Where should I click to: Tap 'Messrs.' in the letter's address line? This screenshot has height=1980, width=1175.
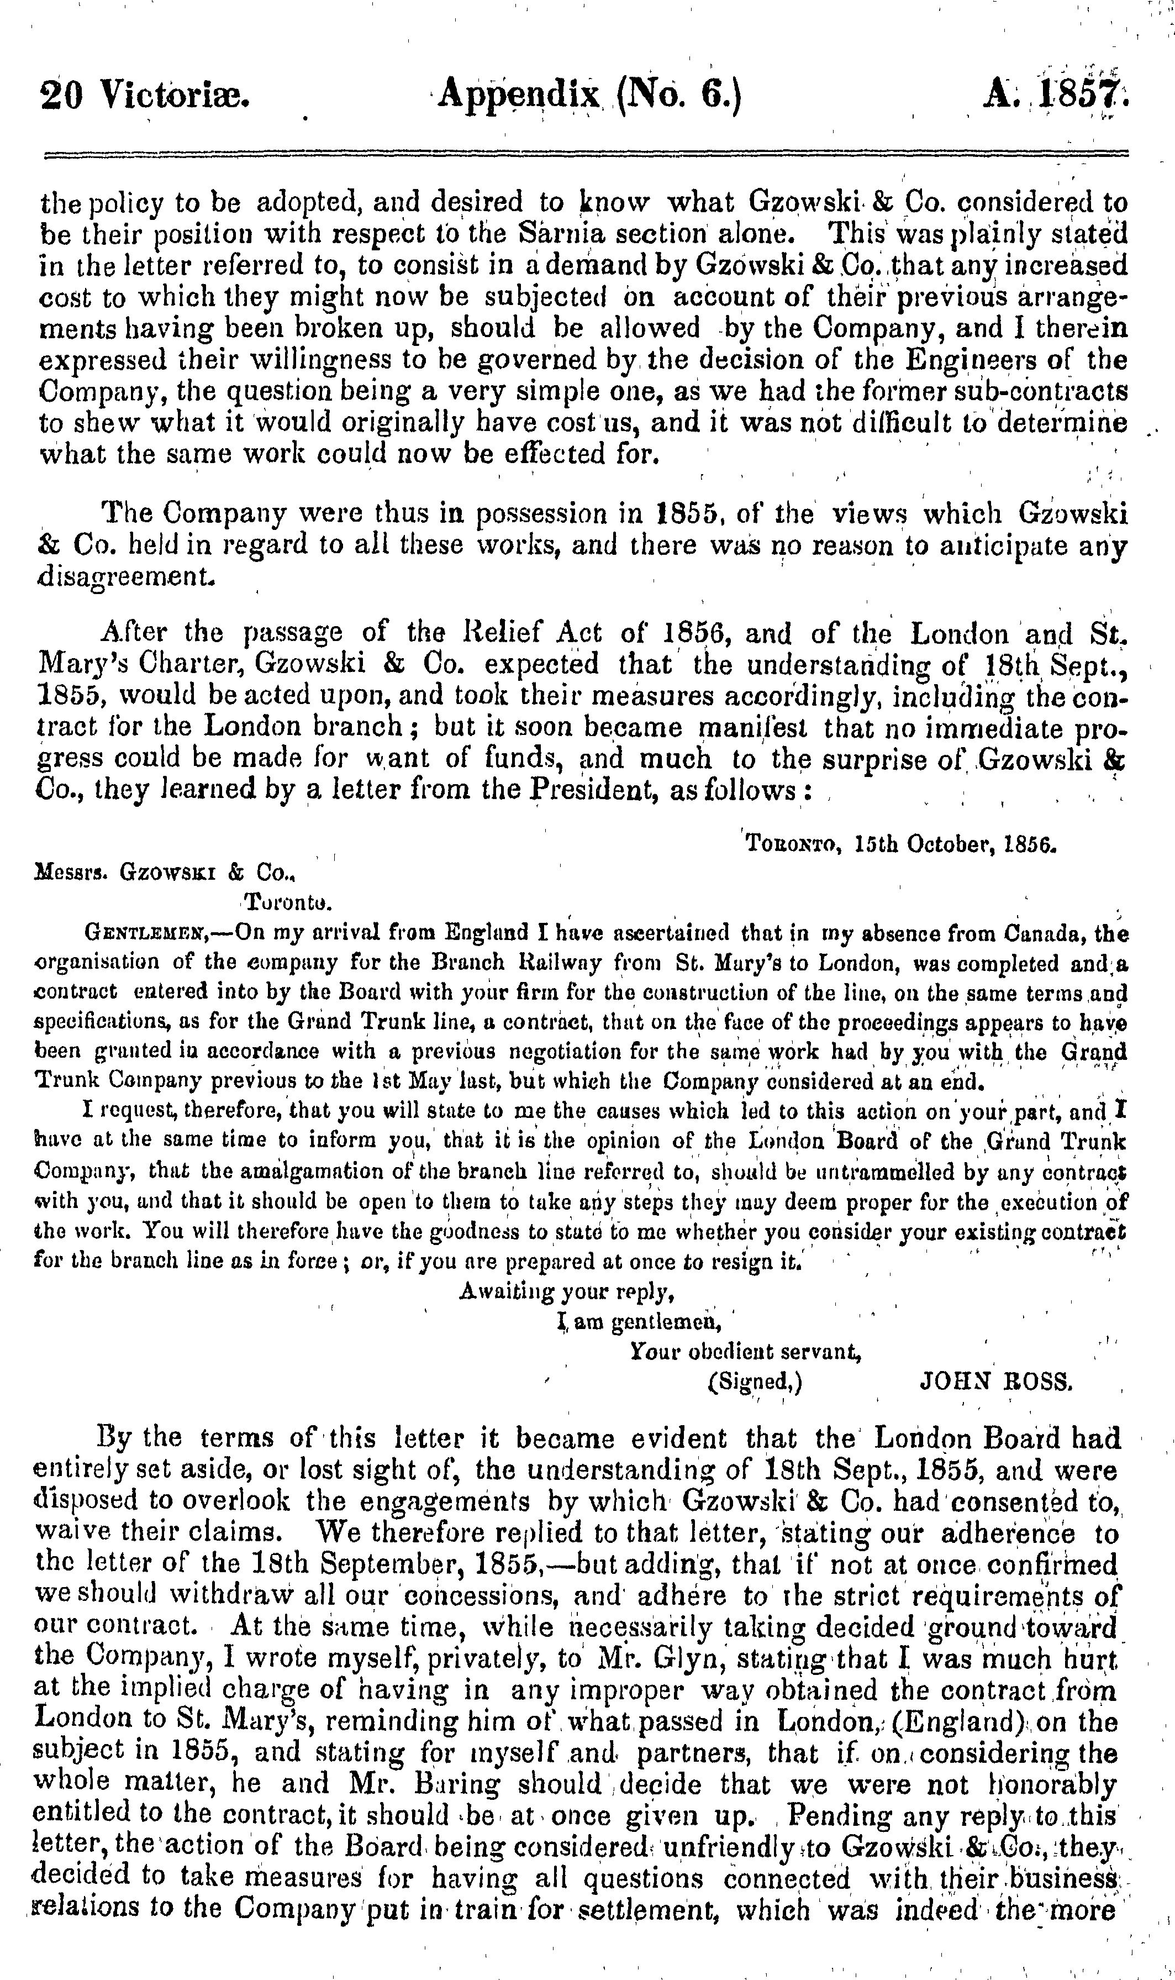[70, 873]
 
